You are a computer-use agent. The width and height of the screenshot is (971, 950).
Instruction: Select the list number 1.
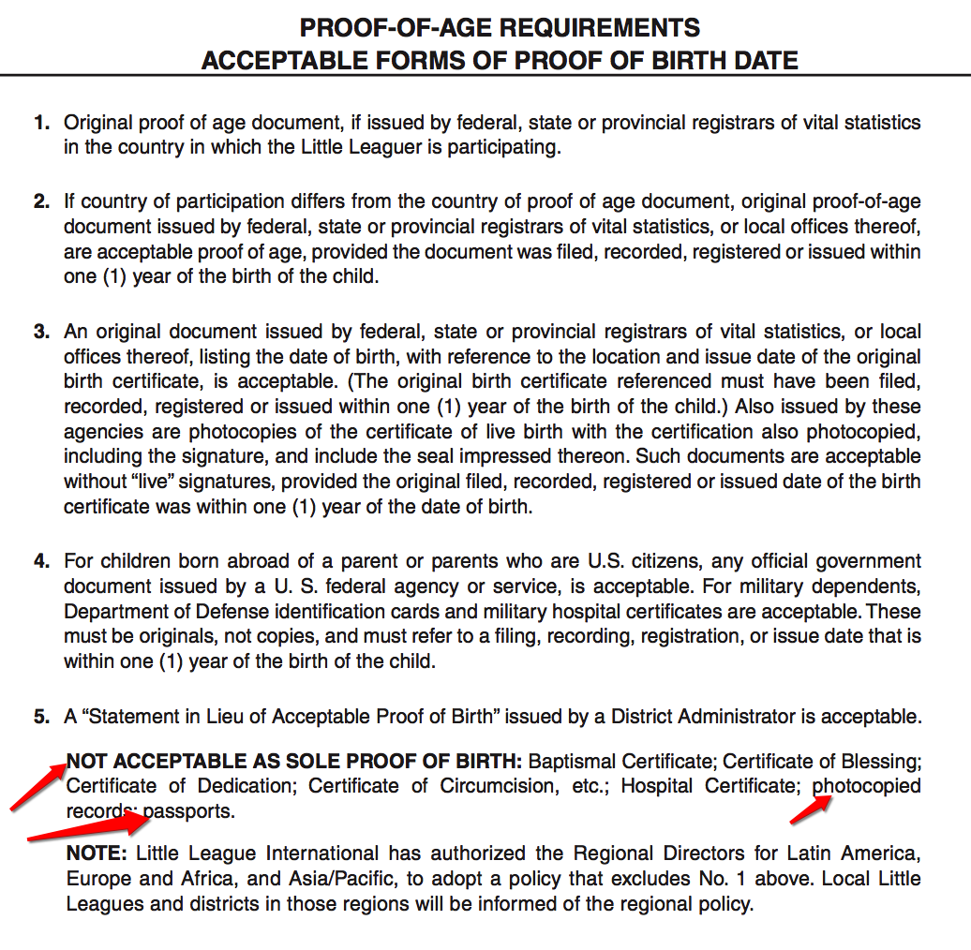tap(40, 123)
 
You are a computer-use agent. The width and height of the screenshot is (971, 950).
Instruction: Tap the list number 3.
tap(40, 333)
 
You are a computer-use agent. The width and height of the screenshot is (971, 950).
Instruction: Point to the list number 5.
tap(40, 718)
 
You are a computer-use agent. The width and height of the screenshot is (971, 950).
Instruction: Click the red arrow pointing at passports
tap(89, 828)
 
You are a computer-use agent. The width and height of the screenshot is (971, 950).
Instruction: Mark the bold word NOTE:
tap(97, 854)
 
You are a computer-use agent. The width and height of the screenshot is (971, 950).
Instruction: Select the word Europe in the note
tap(95, 880)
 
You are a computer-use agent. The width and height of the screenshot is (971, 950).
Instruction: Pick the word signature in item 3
tap(214, 457)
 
